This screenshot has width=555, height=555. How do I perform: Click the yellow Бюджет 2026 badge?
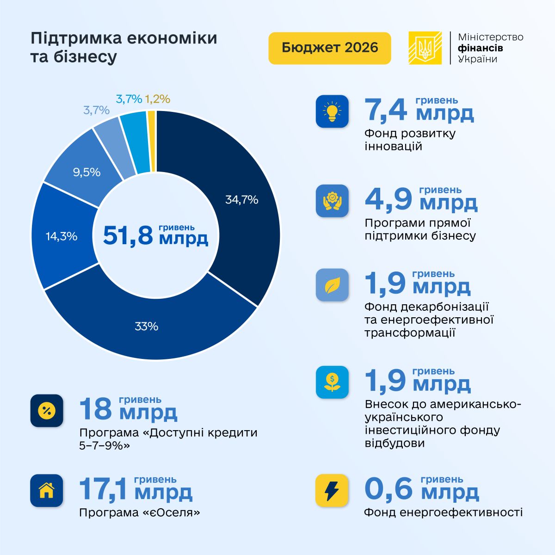329,48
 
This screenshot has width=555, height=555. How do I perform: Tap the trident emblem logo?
425,48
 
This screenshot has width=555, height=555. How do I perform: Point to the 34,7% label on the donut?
241,200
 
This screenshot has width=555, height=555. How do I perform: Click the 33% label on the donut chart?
147,327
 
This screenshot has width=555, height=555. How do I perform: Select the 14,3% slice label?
62,236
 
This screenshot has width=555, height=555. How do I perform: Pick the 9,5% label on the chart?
86,172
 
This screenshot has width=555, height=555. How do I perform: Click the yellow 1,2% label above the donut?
158,99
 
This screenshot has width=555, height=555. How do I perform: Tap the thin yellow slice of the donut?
152,141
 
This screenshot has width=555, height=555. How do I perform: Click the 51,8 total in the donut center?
128,235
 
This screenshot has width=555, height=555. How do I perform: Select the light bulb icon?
332,111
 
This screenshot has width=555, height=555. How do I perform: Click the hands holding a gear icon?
332,201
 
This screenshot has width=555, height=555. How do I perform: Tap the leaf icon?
332,285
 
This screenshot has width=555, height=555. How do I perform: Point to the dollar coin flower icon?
332,382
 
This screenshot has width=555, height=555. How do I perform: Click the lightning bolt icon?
332,490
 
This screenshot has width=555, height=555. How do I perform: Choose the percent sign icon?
47,410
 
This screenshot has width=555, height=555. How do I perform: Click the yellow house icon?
47,490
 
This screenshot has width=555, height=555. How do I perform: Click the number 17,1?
103,489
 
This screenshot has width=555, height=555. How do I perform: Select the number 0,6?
388,489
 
